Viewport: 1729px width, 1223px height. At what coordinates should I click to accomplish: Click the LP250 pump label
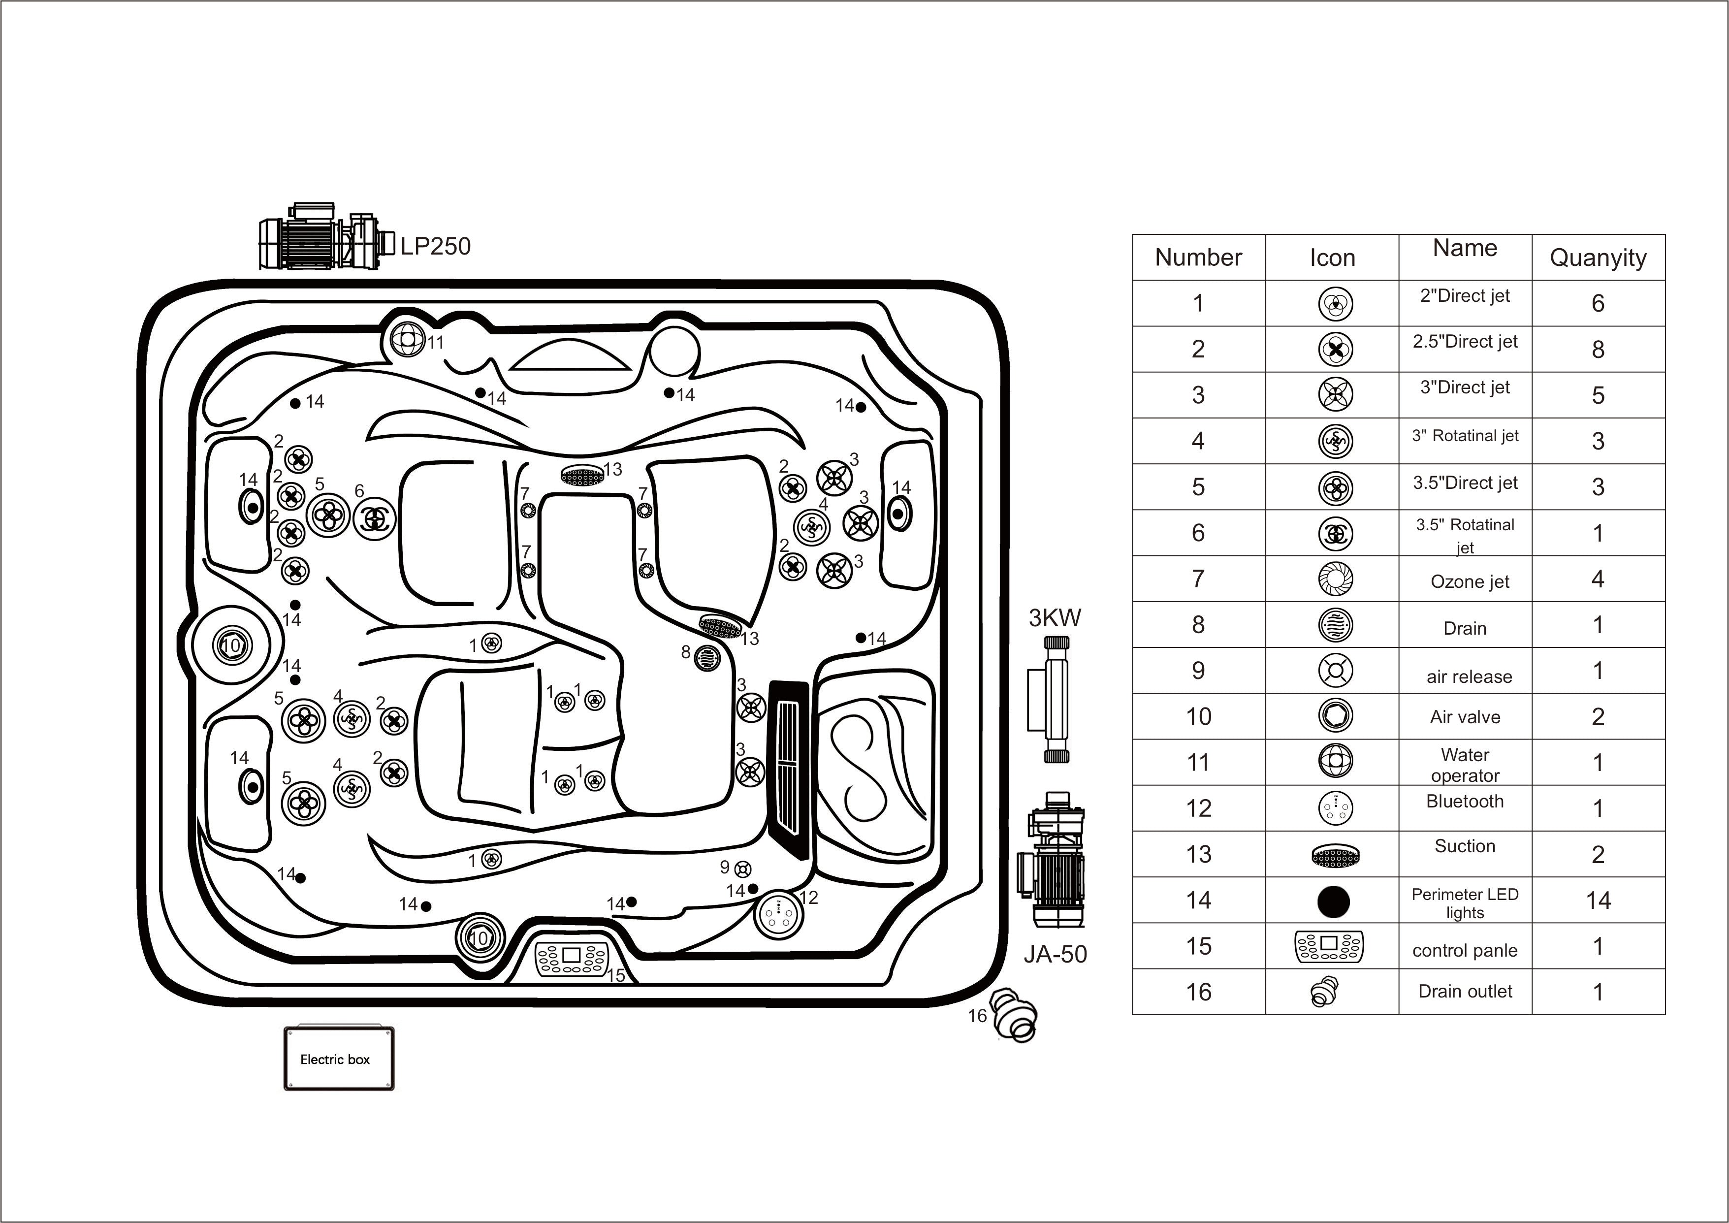435,246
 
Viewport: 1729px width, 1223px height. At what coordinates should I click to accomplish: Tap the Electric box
339,1059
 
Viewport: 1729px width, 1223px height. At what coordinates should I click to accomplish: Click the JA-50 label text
1055,954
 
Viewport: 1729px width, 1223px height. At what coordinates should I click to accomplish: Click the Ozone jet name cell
1469,581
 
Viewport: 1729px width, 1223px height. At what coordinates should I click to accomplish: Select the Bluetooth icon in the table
1335,808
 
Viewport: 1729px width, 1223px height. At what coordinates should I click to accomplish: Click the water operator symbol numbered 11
408,339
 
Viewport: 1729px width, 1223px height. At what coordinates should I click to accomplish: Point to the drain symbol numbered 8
707,657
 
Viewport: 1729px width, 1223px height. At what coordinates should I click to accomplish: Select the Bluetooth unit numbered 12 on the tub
776,913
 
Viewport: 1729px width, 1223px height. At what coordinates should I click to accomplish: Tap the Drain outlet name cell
1464,991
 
